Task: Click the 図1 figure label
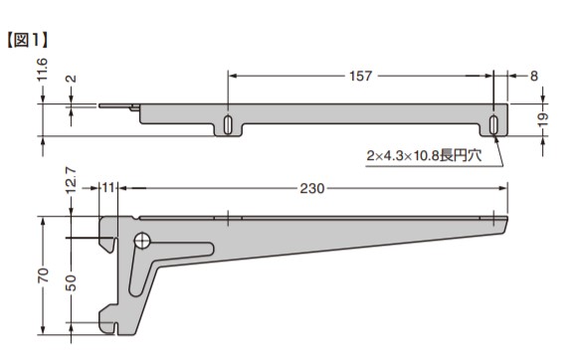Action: pyautogui.click(x=28, y=40)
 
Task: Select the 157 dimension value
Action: pyautogui.click(x=361, y=76)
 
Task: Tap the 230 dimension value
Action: pyautogui.click(x=312, y=188)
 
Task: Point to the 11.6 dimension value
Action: pyautogui.click(x=42, y=70)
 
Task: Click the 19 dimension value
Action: pyautogui.click(x=543, y=119)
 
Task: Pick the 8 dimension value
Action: pyautogui.click(x=534, y=76)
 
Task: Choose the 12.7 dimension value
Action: pyautogui.click(x=72, y=180)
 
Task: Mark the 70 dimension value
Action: pyautogui.click(x=43, y=274)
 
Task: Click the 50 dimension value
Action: pyautogui.click(x=72, y=283)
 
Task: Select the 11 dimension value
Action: pyautogui.click(x=108, y=188)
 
